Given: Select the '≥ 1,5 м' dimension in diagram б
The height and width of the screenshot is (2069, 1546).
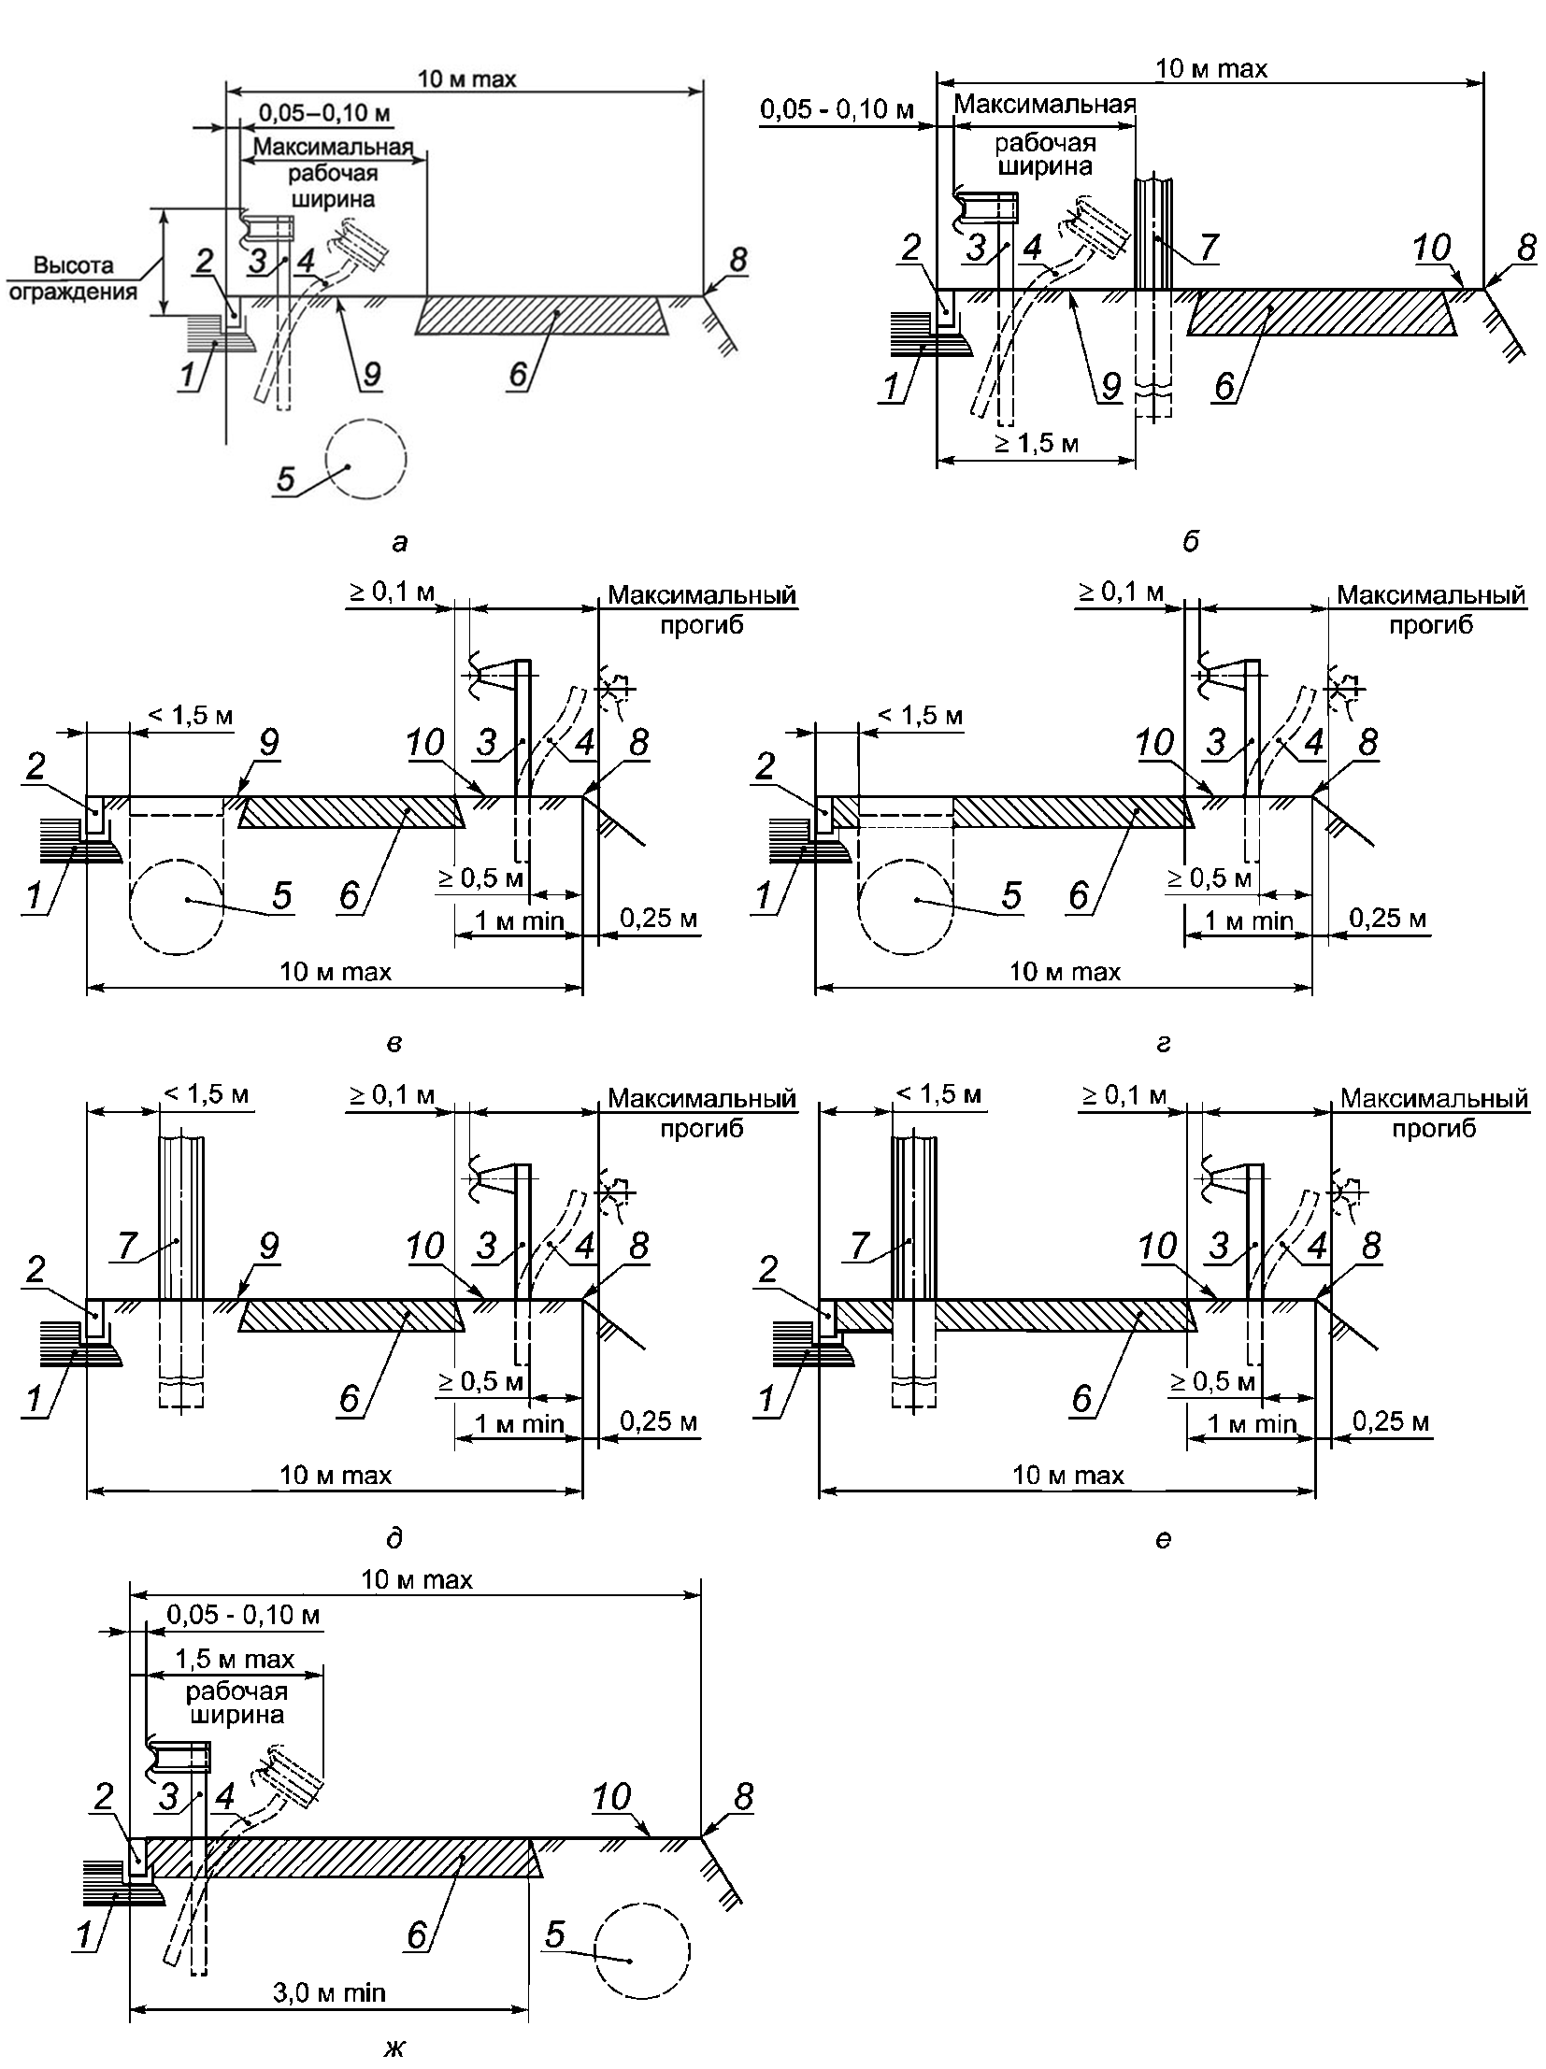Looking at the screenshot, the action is [1036, 442].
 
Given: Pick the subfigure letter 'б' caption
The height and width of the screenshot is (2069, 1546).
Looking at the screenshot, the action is [1190, 542].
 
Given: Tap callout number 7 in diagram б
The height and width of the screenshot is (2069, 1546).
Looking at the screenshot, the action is [1209, 246].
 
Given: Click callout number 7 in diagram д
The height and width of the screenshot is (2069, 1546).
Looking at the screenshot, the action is [127, 1245].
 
